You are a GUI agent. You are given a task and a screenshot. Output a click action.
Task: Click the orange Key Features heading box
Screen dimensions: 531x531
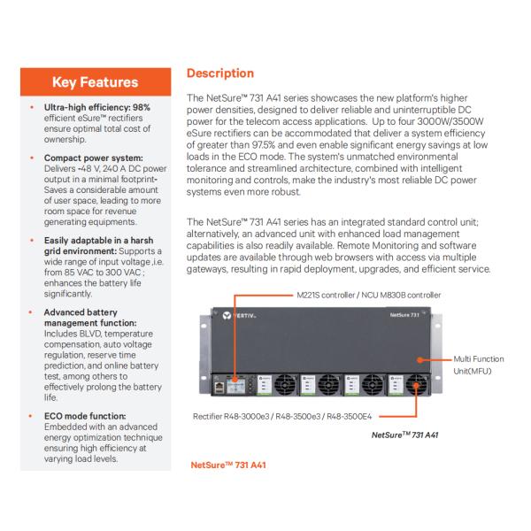point(95,83)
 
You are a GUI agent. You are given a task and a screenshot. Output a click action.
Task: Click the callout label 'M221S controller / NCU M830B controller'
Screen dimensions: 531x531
point(350,294)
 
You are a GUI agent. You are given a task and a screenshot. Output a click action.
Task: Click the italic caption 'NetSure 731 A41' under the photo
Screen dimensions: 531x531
point(406,435)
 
